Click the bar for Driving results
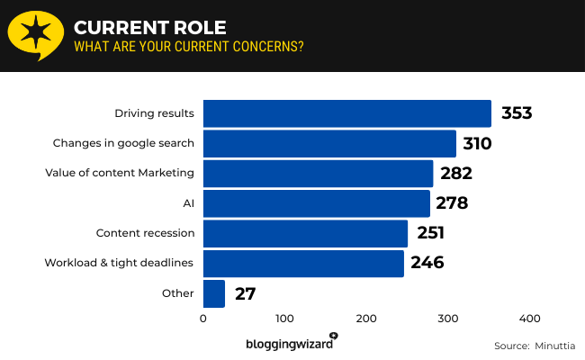(x=346, y=113)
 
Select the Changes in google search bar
(x=329, y=143)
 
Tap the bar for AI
(x=316, y=203)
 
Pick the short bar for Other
(x=213, y=293)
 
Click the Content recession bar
(x=305, y=233)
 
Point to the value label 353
(x=517, y=113)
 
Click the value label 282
(x=455, y=174)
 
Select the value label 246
(x=427, y=264)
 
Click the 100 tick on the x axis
(x=284, y=319)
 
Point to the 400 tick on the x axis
(x=529, y=319)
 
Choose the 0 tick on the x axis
(x=203, y=319)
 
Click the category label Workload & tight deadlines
(x=120, y=263)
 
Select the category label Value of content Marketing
(x=120, y=173)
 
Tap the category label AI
(x=188, y=203)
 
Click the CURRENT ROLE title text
(x=137, y=25)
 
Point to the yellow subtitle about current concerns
(x=188, y=46)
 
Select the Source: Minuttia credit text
(x=535, y=346)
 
